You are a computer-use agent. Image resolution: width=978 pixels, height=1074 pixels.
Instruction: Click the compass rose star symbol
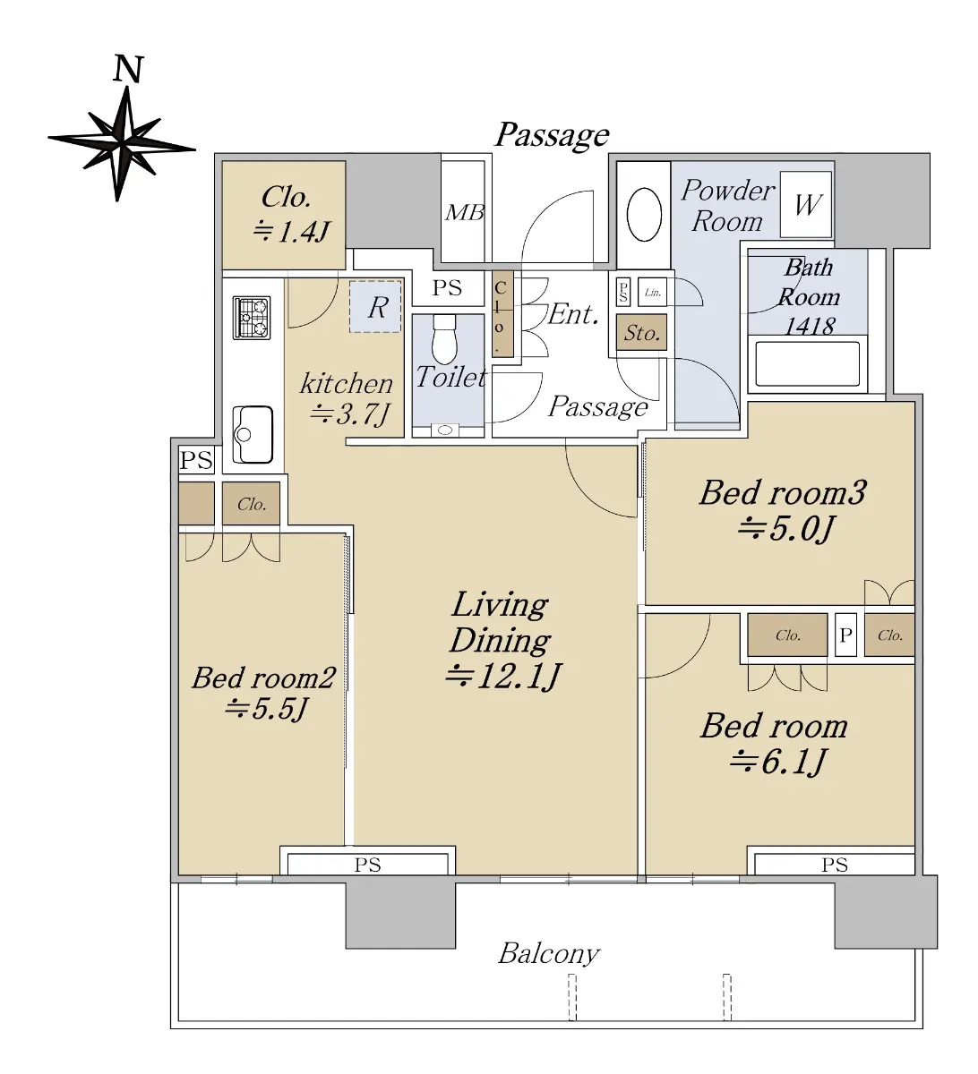tap(123, 143)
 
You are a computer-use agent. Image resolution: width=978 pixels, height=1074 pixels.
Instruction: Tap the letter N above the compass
tap(129, 69)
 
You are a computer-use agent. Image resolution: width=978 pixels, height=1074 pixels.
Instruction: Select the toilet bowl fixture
tap(444, 339)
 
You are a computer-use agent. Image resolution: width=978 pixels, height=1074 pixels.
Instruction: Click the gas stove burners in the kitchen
tap(252, 318)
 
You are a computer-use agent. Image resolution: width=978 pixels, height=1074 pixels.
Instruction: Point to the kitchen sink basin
tap(253, 434)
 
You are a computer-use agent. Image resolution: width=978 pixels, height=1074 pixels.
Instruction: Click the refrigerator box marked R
tap(375, 307)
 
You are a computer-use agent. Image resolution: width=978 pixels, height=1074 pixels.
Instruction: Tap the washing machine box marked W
tap(806, 204)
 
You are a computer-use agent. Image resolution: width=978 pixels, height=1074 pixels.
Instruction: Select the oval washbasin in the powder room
tap(644, 215)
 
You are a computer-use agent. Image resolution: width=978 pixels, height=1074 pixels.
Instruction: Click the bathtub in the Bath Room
tap(808, 364)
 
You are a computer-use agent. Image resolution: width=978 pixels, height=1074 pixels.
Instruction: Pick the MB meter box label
tap(465, 212)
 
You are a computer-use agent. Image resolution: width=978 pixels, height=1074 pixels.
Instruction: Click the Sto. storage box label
tap(641, 333)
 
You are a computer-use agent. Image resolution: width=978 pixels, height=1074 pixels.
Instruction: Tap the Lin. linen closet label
tap(653, 293)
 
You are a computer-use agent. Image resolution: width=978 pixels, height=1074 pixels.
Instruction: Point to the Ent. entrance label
tap(573, 314)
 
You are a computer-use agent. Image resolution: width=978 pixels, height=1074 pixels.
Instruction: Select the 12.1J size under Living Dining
tap(502, 676)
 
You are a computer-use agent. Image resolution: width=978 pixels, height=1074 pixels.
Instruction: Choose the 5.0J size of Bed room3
tap(785, 528)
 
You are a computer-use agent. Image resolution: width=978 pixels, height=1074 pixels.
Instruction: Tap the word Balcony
tap(549, 953)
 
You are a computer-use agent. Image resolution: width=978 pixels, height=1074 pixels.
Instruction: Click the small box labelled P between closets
tap(845, 635)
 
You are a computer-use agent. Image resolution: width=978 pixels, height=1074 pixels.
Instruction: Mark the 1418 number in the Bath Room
tap(810, 326)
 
